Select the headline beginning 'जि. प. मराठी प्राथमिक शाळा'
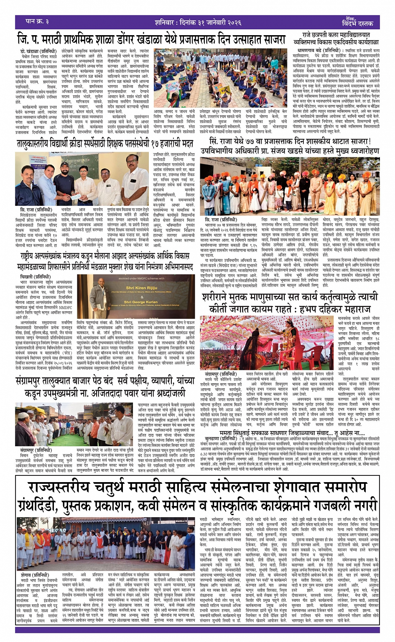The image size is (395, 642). click(x=151, y=40)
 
